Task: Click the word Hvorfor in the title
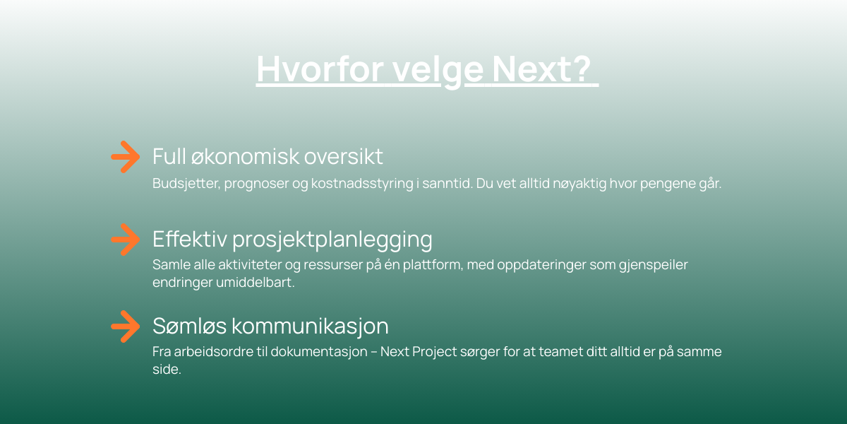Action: [x=320, y=69]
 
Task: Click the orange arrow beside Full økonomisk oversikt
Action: [x=126, y=157]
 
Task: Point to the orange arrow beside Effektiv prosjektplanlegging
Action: [x=126, y=240]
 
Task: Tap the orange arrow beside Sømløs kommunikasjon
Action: [x=126, y=326]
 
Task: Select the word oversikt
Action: [x=343, y=156]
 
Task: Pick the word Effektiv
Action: [x=190, y=239]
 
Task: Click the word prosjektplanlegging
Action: [x=332, y=240]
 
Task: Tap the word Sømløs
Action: [x=189, y=326]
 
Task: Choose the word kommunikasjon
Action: [x=310, y=326]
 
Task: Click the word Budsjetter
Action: [x=186, y=183]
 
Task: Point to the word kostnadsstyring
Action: [x=362, y=184]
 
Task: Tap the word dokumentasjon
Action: [x=319, y=352]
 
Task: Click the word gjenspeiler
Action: [x=654, y=265]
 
